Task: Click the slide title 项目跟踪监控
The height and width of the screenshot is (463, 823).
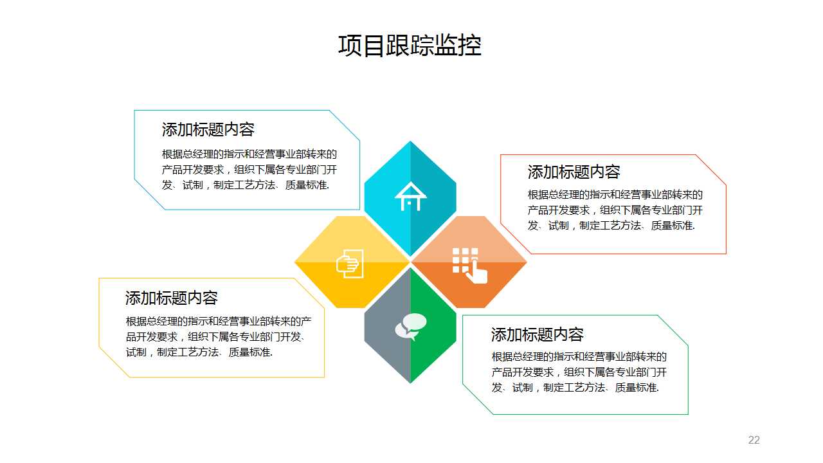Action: point(410,46)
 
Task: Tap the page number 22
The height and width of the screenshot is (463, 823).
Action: point(754,440)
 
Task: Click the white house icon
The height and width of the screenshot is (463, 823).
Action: point(410,196)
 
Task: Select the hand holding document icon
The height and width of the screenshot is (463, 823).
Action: point(350,264)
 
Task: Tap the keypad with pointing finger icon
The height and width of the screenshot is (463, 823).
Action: point(469,264)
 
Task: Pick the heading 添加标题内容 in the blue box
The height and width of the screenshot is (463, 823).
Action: point(208,129)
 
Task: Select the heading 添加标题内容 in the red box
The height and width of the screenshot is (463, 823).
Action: point(574,172)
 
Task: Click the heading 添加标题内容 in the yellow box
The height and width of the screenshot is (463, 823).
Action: point(172,298)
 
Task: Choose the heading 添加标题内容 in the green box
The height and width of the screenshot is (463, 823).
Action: point(538,334)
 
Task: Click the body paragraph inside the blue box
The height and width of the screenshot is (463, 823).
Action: point(249,170)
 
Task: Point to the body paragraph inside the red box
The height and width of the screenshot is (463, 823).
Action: point(615,210)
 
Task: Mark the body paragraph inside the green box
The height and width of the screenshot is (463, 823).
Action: point(579,372)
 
